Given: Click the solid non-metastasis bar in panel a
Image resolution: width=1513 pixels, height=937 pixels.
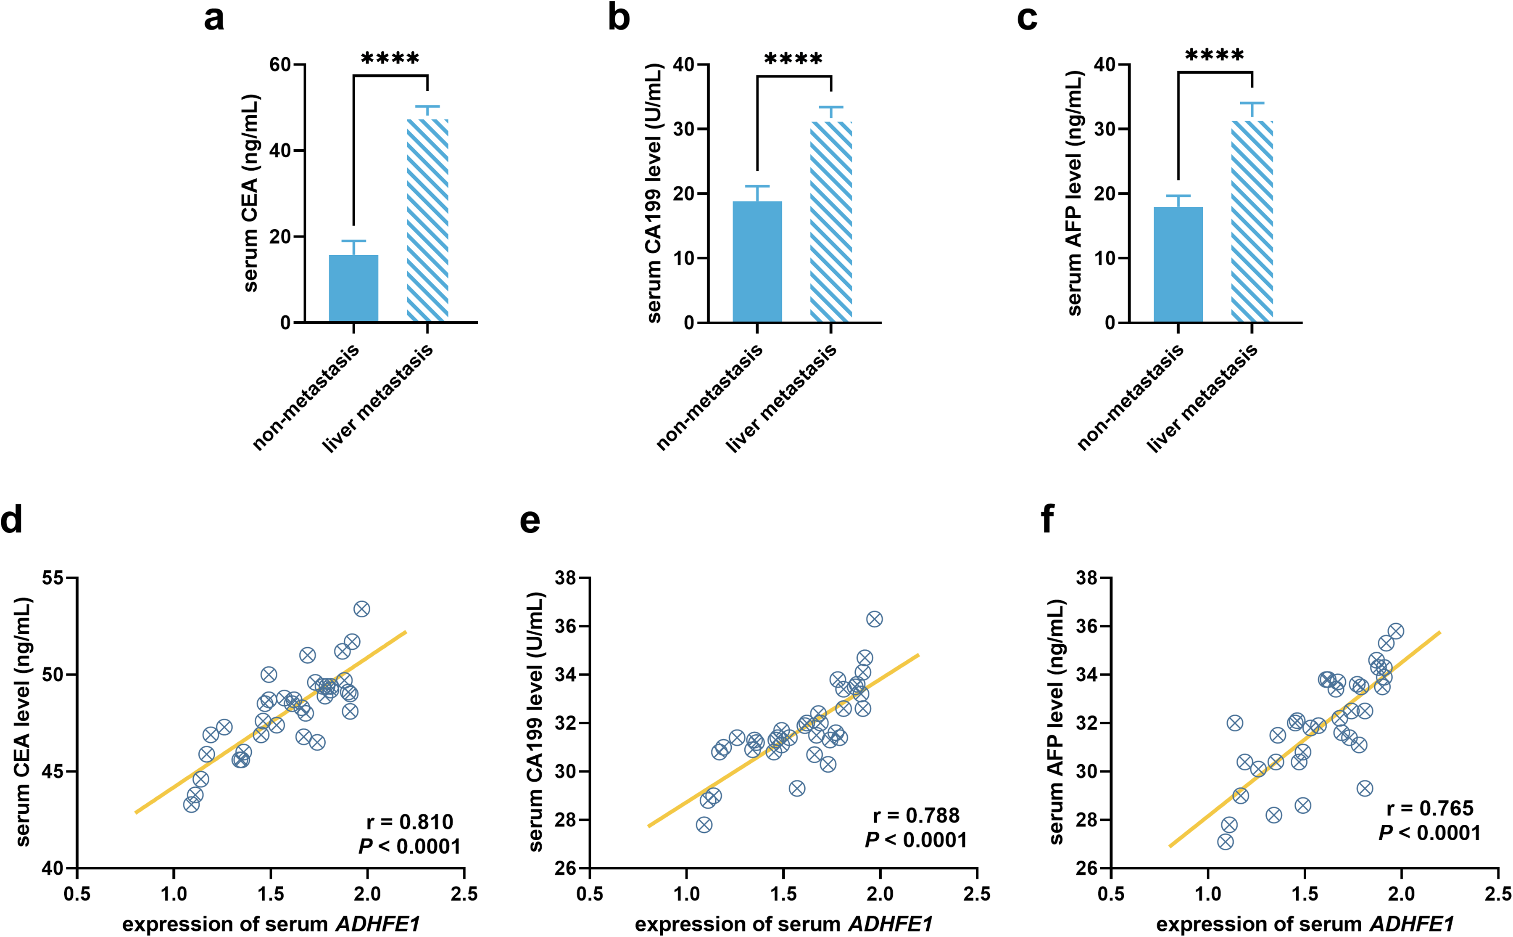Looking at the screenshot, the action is [x=353, y=288].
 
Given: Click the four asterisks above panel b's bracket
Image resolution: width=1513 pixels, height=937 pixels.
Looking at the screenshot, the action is [x=793, y=59].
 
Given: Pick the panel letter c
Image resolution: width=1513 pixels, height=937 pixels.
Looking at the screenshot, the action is [x=1026, y=19].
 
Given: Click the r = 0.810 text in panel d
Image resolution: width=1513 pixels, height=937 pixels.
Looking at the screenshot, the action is [x=410, y=822].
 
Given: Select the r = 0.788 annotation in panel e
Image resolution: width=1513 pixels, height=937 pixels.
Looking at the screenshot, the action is [x=916, y=815].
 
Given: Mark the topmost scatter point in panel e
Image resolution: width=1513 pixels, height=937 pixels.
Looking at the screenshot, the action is [x=874, y=619].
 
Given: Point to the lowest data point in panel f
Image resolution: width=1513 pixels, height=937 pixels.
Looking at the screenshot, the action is [x=1225, y=842].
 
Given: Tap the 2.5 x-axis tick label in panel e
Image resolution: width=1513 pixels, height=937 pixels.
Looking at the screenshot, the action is [x=977, y=894].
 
